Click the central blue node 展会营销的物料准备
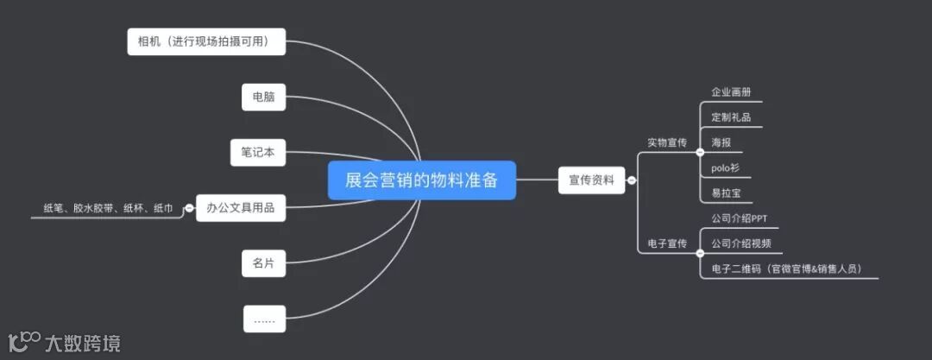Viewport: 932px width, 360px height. (x=421, y=180)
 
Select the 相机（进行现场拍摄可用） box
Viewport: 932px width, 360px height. (x=206, y=41)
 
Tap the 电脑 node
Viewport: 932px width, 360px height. (x=263, y=98)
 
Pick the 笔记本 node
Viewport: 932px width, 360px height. (x=258, y=152)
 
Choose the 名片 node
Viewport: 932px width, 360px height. (x=263, y=263)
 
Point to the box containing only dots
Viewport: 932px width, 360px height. (x=263, y=319)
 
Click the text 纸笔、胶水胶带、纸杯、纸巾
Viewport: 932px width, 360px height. (x=108, y=208)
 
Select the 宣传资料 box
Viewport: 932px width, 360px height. (x=591, y=180)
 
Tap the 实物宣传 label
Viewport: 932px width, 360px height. (x=667, y=142)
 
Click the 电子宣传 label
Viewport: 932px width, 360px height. (x=667, y=244)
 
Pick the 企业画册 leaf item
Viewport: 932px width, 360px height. (x=731, y=92)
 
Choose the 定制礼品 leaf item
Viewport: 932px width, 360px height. (x=731, y=117)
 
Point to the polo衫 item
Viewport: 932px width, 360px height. (x=724, y=167)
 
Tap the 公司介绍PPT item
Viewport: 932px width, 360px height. (x=740, y=218)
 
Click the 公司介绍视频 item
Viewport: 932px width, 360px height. (x=741, y=243)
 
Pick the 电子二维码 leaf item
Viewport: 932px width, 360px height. (x=786, y=268)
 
